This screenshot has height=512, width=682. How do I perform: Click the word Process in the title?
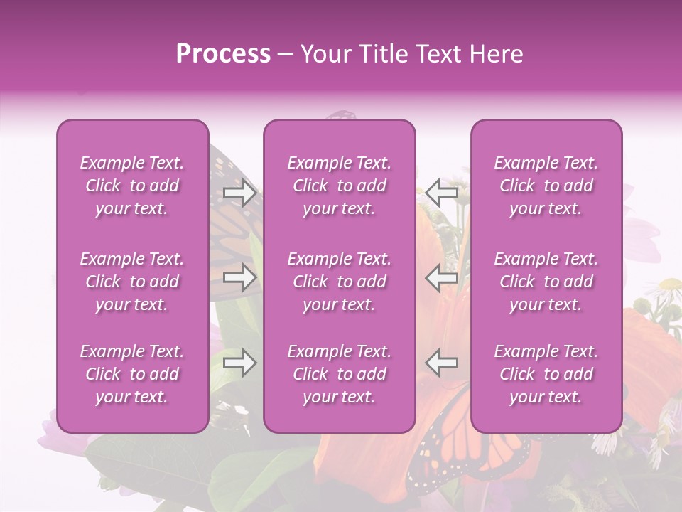(223, 54)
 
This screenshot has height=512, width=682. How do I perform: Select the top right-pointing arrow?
(240, 193)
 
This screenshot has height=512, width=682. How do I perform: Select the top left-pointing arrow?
(442, 193)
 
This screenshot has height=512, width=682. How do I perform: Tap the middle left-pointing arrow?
(442, 277)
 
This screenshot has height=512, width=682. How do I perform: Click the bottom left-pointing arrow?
(442, 363)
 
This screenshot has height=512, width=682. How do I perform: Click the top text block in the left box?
(132, 186)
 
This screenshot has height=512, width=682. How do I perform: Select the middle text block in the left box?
(132, 282)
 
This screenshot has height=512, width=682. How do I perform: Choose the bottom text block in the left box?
(132, 374)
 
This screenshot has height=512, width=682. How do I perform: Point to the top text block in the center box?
(340, 186)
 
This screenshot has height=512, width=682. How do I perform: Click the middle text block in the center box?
(340, 282)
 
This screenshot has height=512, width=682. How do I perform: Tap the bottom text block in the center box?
(340, 374)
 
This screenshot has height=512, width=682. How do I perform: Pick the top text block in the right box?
(546, 186)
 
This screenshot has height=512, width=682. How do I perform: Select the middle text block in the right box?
(546, 282)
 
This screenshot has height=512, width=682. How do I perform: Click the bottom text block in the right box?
(546, 374)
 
